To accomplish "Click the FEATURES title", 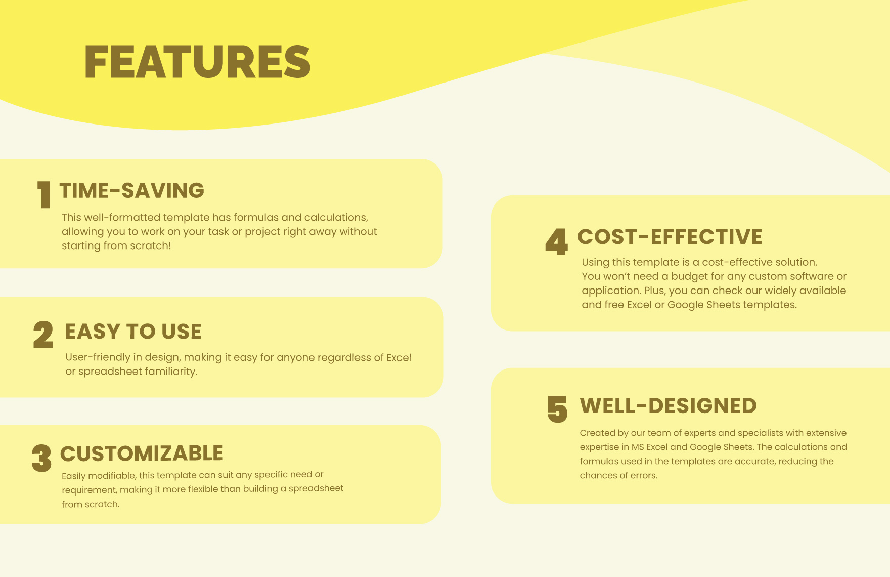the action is point(197,62).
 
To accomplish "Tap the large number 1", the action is point(44,195).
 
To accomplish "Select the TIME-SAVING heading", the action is point(131,191).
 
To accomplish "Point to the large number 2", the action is point(43,335).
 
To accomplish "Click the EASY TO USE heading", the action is point(133,332).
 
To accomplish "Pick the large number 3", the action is point(41,458).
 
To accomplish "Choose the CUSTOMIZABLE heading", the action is point(142,454).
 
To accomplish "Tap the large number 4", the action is point(556,241).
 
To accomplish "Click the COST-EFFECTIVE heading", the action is point(670,237).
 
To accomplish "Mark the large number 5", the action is point(557,409).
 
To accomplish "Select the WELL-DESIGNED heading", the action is point(668,406).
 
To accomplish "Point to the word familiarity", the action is point(171,372).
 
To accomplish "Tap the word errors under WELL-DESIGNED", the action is point(644,476).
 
